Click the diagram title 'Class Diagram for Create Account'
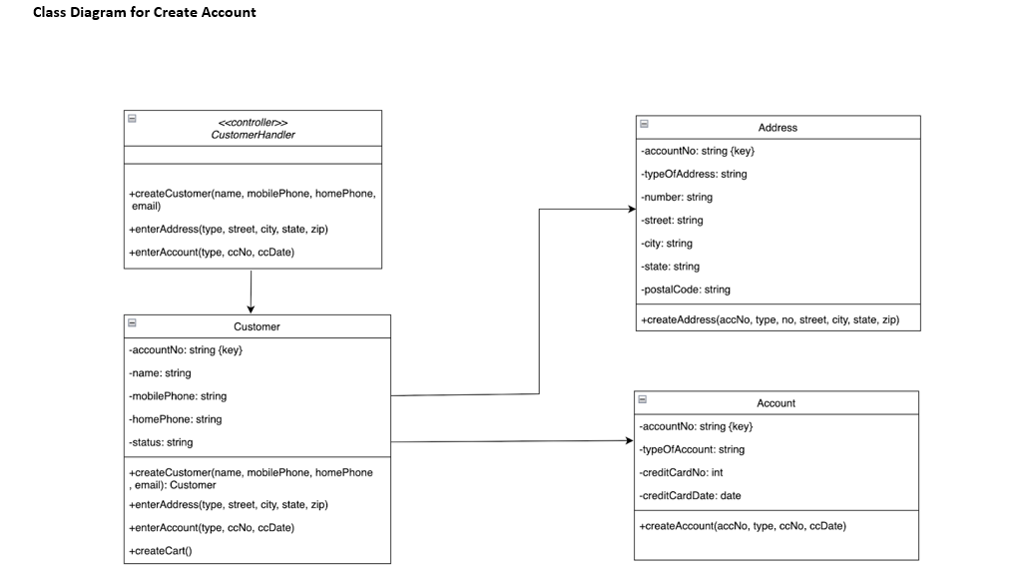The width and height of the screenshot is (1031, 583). pos(144,13)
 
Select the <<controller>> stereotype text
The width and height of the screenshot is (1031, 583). pos(253,122)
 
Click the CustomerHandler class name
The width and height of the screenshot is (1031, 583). pos(253,135)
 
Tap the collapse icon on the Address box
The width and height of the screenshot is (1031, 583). pos(644,124)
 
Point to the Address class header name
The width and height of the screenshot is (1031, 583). pos(777,128)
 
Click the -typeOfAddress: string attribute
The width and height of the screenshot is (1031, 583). pos(694,174)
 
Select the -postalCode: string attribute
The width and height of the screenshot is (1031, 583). pos(686,290)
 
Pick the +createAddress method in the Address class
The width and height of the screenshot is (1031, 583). pos(770,319)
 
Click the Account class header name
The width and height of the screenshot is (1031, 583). pos(775,403)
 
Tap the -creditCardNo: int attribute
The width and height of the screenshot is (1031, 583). pos(682,472)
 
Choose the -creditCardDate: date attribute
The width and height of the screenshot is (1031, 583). pos(691,495)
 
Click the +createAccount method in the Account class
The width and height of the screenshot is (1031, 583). pos(743,525)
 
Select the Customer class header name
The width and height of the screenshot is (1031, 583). pos(257,326)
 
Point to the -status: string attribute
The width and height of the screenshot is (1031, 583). pos(162,442)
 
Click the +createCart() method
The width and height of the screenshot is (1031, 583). pos(161,550)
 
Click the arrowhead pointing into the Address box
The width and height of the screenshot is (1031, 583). pos(631,210)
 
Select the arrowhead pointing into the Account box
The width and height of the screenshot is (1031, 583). pos(629,440)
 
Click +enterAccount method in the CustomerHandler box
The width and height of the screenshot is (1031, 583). pos(212,253)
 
